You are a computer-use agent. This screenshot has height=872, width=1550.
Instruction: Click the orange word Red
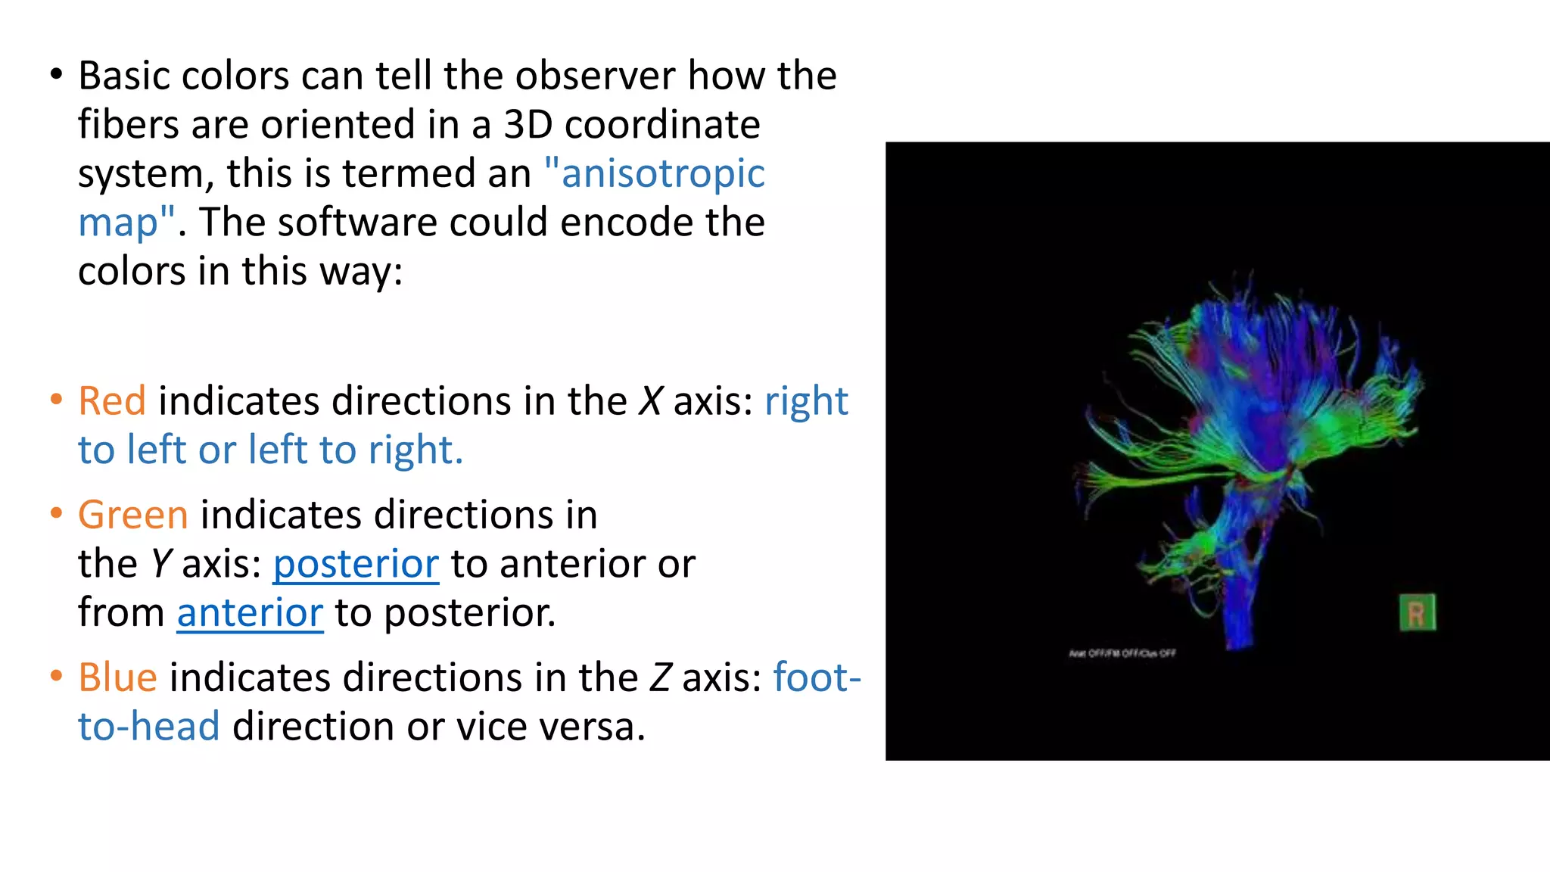(x=112, y=401)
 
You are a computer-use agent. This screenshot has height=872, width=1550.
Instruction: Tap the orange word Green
(x=133, y=515)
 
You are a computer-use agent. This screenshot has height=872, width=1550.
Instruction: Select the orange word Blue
(x=117, y=677)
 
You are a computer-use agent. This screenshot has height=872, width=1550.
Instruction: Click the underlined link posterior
(x=356, y=565)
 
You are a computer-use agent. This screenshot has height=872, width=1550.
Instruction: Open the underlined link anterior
(x=250, y=613)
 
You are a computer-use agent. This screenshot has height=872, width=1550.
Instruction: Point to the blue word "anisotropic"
(x=662, y=173)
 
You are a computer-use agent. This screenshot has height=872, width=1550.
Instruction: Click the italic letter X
(x=650, y=401)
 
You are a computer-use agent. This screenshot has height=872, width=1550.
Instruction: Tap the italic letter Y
(x=161, y=565)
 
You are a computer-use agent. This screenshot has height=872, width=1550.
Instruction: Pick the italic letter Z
(x=660, y=677)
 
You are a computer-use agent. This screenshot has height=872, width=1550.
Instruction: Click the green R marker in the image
(x=1417, y=613)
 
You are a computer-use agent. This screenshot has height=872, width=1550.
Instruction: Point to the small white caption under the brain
(x=1122, y=653)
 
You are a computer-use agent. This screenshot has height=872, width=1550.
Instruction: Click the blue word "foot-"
(x=817, y=677)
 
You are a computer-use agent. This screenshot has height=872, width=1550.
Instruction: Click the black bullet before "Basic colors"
(x=57, y=74)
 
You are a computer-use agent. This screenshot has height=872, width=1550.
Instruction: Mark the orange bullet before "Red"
(x=57, y=400)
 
